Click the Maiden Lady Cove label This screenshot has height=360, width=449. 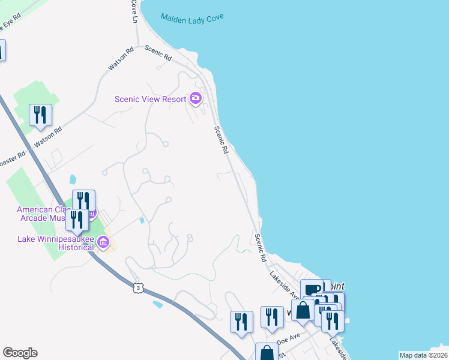pos(192,17)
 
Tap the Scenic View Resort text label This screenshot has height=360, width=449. pos(151,99)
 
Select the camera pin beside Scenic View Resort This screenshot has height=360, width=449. pos(195,98)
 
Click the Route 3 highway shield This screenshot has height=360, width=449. pos(139,289)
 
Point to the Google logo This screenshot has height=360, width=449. pos(20,353)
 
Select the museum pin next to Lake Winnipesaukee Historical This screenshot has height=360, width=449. pos(103,243)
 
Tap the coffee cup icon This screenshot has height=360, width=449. pos(312,290)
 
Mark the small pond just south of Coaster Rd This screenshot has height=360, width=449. pos(73,179)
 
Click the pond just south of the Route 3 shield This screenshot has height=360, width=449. pos(157,304)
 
